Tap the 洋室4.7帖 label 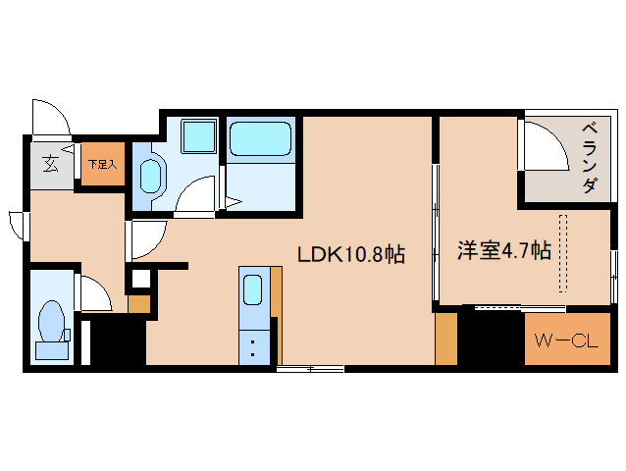coord(503,251)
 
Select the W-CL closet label coord(565,341)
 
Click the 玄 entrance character coord(48,164)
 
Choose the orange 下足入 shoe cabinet coord(101,164)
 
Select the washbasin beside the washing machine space coord(151,177)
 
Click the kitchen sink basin coord(252,290)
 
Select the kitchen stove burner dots coord(252,345)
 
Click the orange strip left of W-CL coord(446,339)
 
